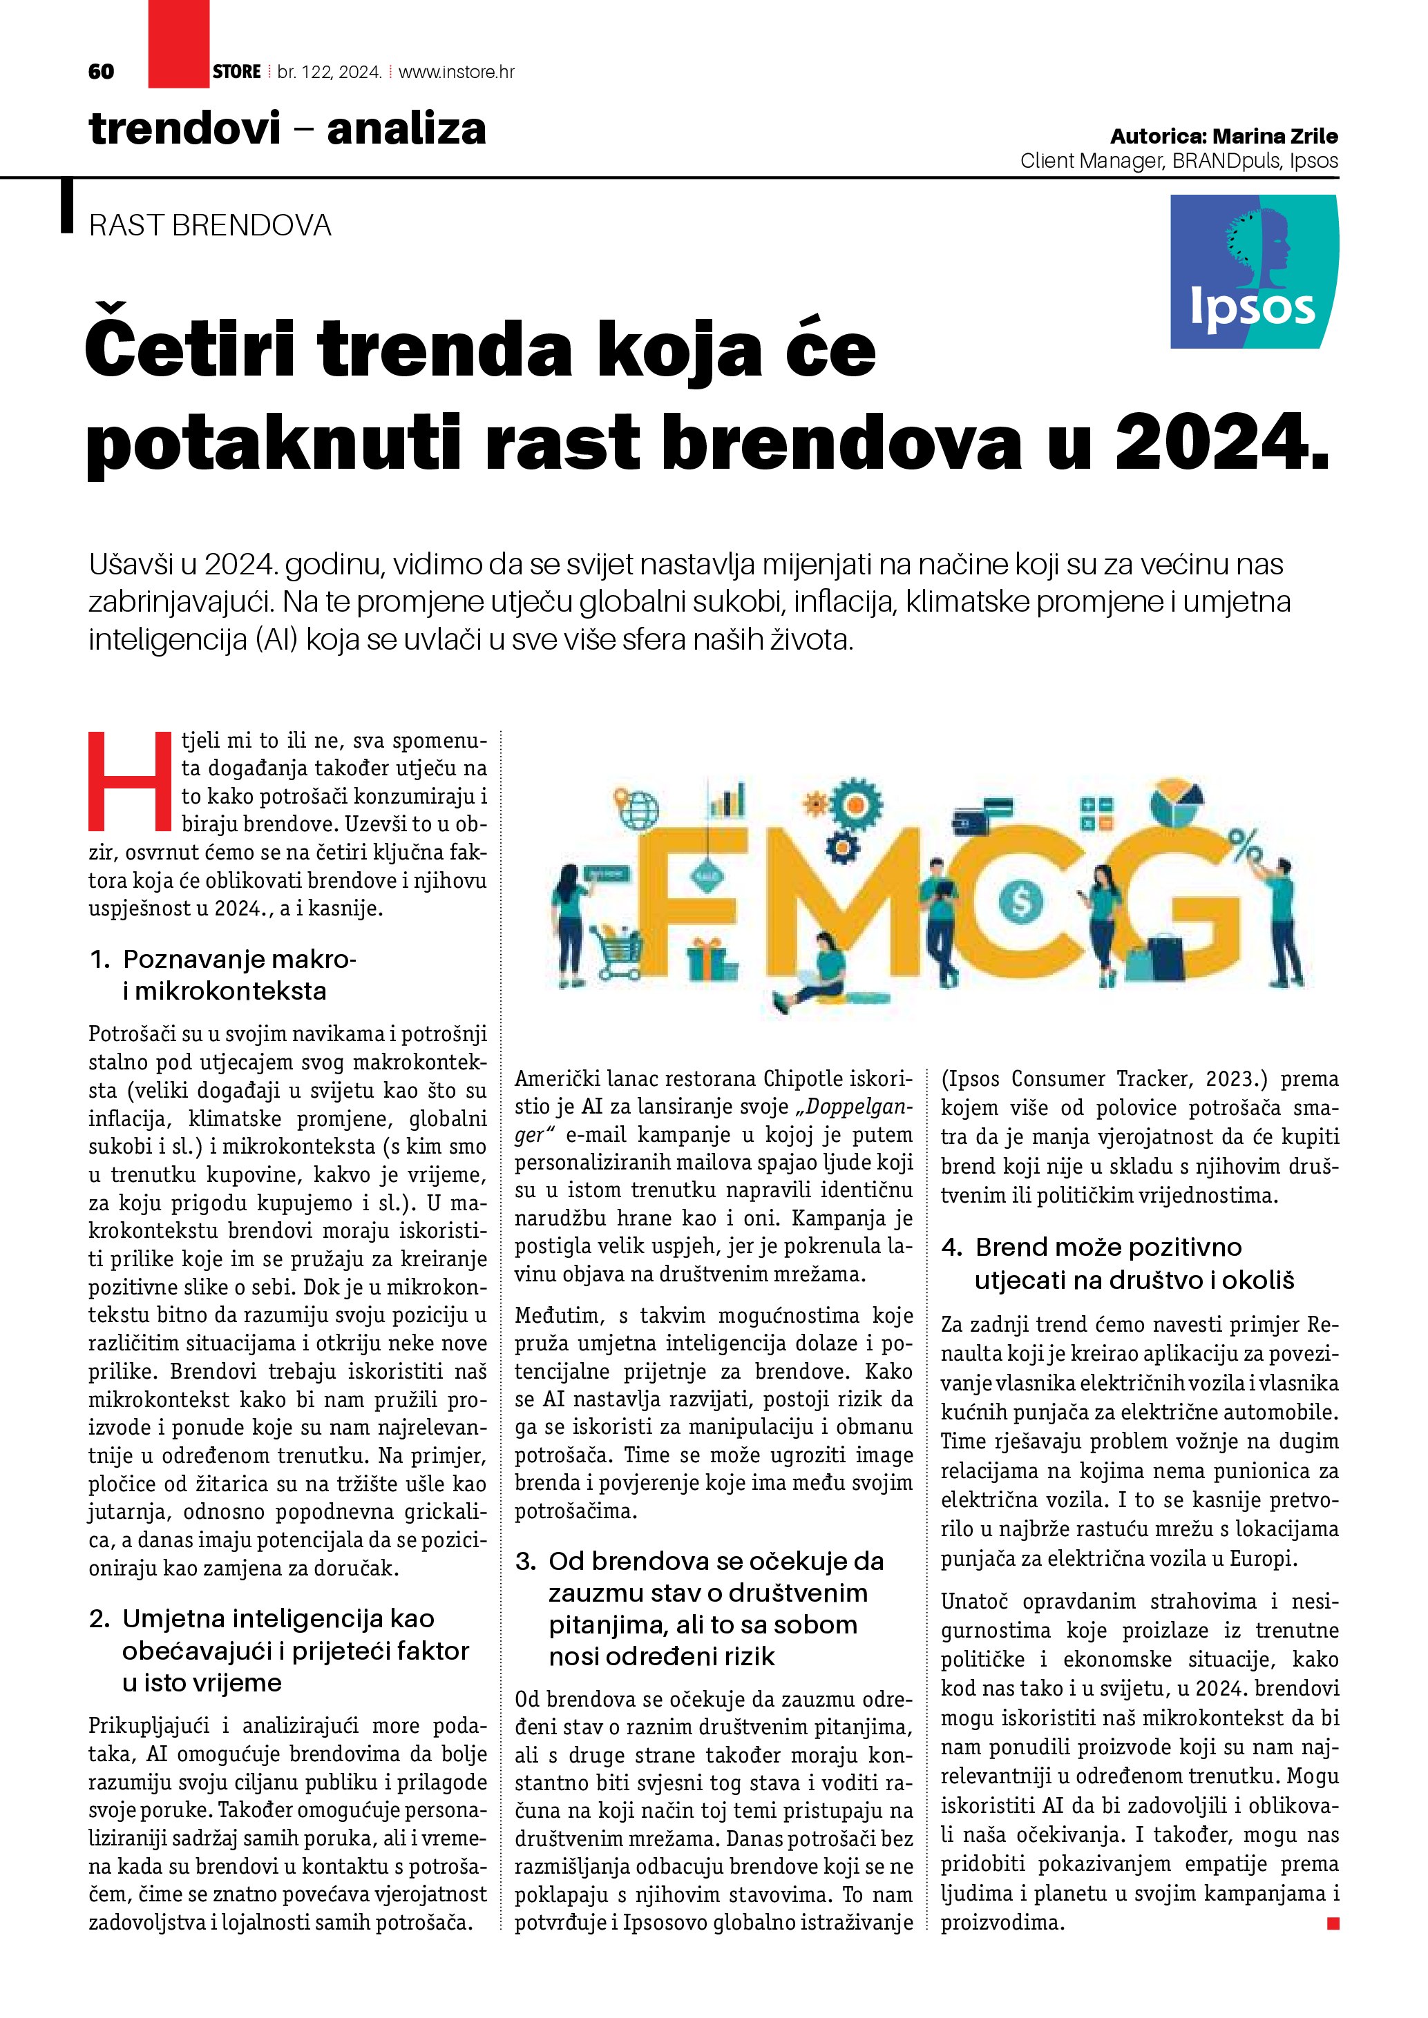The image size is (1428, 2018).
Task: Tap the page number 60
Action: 101,72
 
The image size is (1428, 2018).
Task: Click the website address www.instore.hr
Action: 457,72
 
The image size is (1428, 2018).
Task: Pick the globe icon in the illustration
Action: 639,808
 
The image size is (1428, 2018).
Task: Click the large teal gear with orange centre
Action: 855,804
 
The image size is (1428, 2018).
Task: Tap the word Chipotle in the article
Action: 802,1078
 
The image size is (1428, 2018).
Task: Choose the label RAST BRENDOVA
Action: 210,226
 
